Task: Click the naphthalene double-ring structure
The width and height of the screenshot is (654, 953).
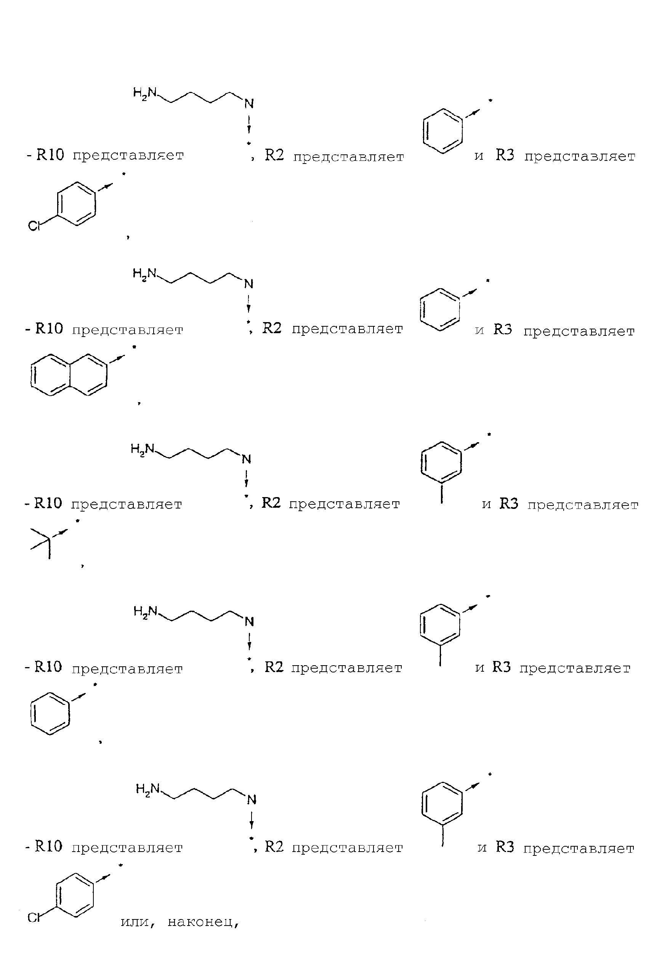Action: click(x=69, y=374)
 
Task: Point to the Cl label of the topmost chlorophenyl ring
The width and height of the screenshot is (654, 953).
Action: click(x=34, y=226)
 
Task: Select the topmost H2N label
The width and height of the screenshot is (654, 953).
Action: click(x=145, y=93)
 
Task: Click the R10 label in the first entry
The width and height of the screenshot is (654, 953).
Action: click(x=50, y=155)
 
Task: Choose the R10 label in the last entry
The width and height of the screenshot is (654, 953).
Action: click(x=48, y=846)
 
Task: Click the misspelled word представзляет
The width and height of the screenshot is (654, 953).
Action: click(x=580, y=157)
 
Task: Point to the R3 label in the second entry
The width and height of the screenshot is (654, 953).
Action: click(x=503, y=329)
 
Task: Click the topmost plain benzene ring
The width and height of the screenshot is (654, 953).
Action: click(x=442, y=131)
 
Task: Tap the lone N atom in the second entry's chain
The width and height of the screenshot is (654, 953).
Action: click(x=248, y=284)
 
